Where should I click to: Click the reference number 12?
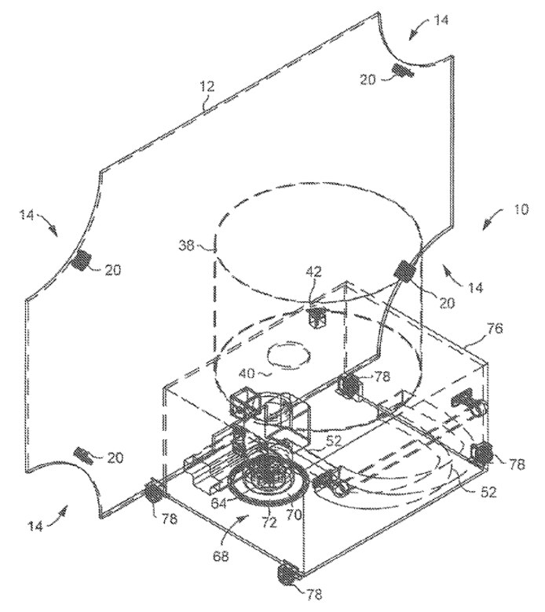click(x=207, y=86)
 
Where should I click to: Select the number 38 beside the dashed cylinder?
click(x=187, y=246)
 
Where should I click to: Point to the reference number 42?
click(x=313, y=271)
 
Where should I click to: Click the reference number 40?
click(x=247, y=374)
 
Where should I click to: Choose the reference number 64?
click(x=218, y=503)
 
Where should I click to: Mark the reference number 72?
click(x=268, y=522)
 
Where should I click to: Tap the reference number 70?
click(x=294, y=515)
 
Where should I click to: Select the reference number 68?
click(x=221, y=556)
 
